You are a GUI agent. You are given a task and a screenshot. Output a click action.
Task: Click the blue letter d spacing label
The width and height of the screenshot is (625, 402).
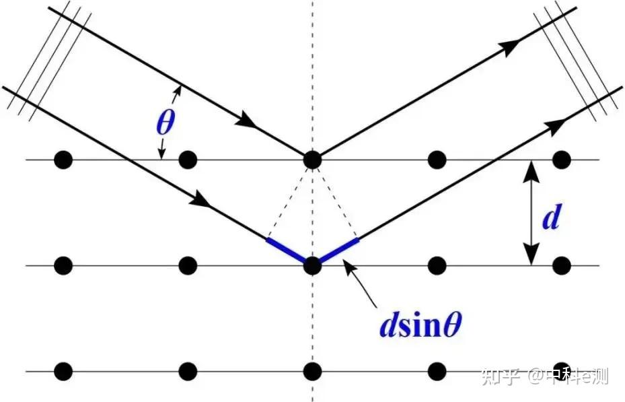coord(550,219)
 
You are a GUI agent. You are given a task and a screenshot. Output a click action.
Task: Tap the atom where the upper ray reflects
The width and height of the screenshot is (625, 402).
coord(311,160)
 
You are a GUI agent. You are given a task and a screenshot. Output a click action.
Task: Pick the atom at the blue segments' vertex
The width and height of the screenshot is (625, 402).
coord(311,265)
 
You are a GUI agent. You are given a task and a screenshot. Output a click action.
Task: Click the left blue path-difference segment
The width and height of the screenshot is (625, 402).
coord(288,251)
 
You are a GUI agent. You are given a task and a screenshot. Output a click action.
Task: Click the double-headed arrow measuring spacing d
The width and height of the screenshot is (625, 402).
coord(531,213)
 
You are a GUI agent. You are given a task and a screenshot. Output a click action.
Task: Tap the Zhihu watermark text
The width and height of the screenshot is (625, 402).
coord(545,376)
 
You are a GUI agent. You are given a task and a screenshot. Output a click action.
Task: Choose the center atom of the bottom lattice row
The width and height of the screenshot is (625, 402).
coord(311,371)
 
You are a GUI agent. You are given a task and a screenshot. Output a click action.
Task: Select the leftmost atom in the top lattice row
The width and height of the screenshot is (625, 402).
coord(63,160)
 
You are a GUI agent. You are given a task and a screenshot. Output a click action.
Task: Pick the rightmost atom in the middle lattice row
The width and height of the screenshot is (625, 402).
coord(561,265)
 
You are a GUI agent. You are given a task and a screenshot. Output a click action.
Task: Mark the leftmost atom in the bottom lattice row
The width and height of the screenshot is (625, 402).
coord(63,371)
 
